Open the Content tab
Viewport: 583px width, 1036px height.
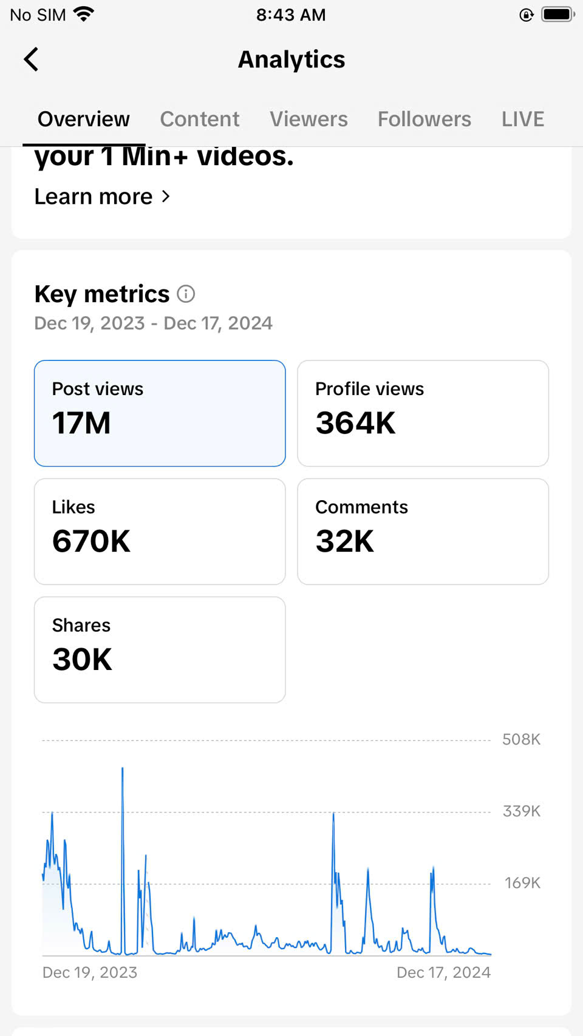199,119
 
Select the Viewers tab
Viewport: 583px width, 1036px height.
309,119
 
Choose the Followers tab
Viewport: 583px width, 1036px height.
424,119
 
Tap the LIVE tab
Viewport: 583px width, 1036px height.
522,119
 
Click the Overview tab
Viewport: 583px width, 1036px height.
84,119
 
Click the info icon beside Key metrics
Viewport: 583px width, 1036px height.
186,294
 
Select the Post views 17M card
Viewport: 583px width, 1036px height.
160,413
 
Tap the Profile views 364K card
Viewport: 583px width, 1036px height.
423,413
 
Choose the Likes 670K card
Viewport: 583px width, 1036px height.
160,532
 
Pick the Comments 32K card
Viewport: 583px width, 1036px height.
423,532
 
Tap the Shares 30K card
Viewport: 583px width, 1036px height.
160,649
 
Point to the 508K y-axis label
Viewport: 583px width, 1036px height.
521,739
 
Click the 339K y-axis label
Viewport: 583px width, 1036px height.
521,811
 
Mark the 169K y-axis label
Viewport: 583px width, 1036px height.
522,882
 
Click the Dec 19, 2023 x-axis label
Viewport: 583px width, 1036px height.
90,972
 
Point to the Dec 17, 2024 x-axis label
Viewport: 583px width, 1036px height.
443,972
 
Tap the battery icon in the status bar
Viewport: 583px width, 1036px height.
557,15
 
